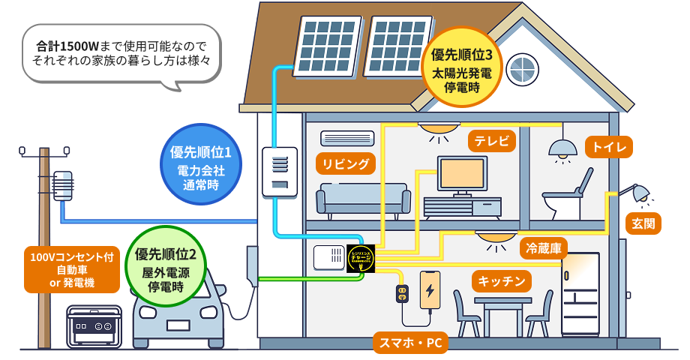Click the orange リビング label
[346, 164]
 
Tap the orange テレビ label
[492, 140]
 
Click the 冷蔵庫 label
[544, 248]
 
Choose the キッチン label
[502, 281]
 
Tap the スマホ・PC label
[410, 343]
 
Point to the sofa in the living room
[363, 199]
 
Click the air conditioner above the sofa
[346, 139]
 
